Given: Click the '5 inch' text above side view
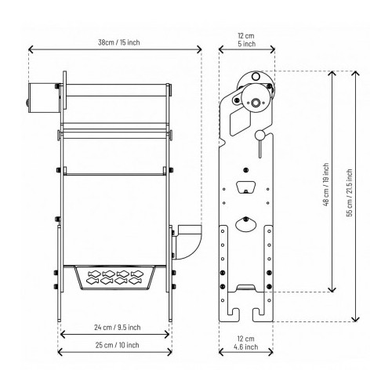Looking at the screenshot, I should pyautogui.click(x=248, y=45).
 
